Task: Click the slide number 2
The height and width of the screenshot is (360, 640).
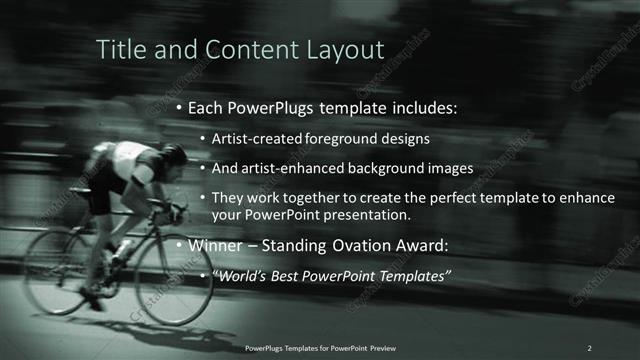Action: coord(589,347)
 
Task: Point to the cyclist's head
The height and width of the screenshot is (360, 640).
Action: coord(174,158)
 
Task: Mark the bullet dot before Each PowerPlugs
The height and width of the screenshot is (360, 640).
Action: coord(179,108)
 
